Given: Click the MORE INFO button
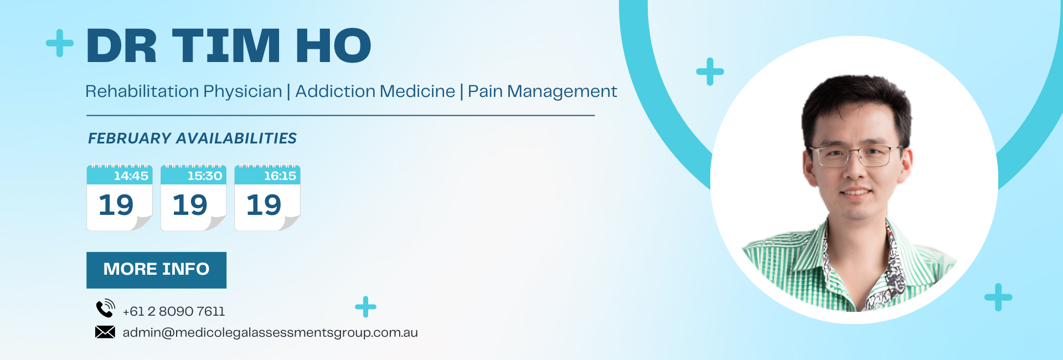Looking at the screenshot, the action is click(x=156, y=270).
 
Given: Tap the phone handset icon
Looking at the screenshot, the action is click(x=105, y=308).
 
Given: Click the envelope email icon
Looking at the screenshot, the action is click(x=105, y=332).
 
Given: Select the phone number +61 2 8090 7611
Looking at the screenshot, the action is click(x=174, y=311).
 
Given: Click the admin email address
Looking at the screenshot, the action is click(x=270, y=333).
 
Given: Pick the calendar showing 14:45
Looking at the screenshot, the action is click(x=120, y=197).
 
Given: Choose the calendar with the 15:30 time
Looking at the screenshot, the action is click(x=193, y=197).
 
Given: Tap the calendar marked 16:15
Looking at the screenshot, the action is click(x=267, y=197).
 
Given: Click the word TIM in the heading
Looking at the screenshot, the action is click(x=227, y=45).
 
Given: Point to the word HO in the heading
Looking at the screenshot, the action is click(x=334, y=45).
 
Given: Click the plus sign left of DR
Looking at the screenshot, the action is click(x=60, y=43).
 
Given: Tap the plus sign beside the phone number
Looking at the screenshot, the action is click(x=365, y=307).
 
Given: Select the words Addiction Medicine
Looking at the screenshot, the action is click(x=375, y=91).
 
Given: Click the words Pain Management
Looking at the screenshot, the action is click(x=543, y=91).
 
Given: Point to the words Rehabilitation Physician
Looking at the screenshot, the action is click(x=184, y=91).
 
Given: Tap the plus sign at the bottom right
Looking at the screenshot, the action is click(x=998, y=297).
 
